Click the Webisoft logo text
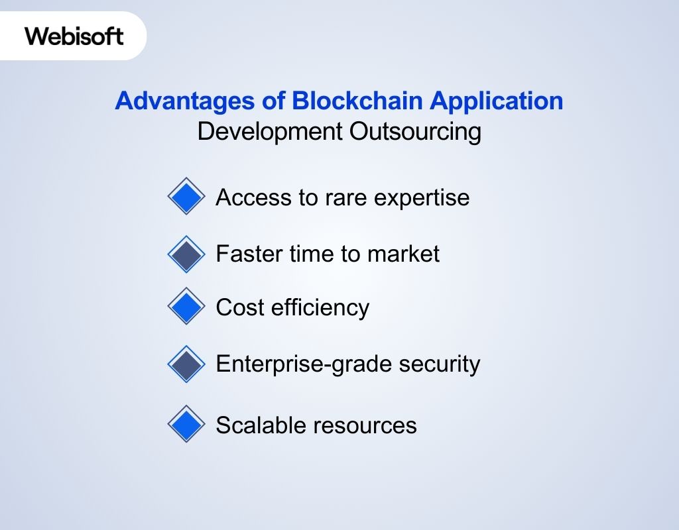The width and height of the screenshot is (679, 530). pyautogui.click(x=74, y=36)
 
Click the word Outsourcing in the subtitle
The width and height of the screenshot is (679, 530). pyautogui.click(x=415, y=131)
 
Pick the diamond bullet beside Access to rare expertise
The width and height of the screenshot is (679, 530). pyautogui.click(x=187, y=196)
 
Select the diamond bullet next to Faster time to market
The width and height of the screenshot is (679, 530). pyautogui.click(x=187, y=254)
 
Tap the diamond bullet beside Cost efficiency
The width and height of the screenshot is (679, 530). pyautogui.click(x=187, y=306)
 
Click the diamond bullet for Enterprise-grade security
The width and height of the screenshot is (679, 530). pyautogui.click(x=187, y=364)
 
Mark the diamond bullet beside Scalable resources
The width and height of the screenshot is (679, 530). pyautogui.click(x=187, y=424)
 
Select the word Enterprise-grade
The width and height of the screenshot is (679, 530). pyautogui.click(x=292, y=364)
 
